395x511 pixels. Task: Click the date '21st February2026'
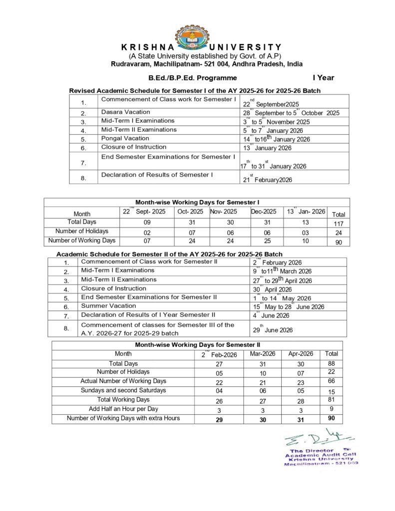268,180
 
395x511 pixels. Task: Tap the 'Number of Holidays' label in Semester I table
82,231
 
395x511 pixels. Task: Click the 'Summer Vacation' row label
109,306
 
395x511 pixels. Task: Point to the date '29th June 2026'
273,330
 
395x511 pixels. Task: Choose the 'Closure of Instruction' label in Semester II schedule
114,288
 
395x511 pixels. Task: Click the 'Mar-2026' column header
260,354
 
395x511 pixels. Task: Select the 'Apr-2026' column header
301,354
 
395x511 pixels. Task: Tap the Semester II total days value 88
331,364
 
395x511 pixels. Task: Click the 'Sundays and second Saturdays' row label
123,390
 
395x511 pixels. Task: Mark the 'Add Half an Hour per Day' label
123,409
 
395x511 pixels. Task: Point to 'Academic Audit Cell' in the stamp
321,455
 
